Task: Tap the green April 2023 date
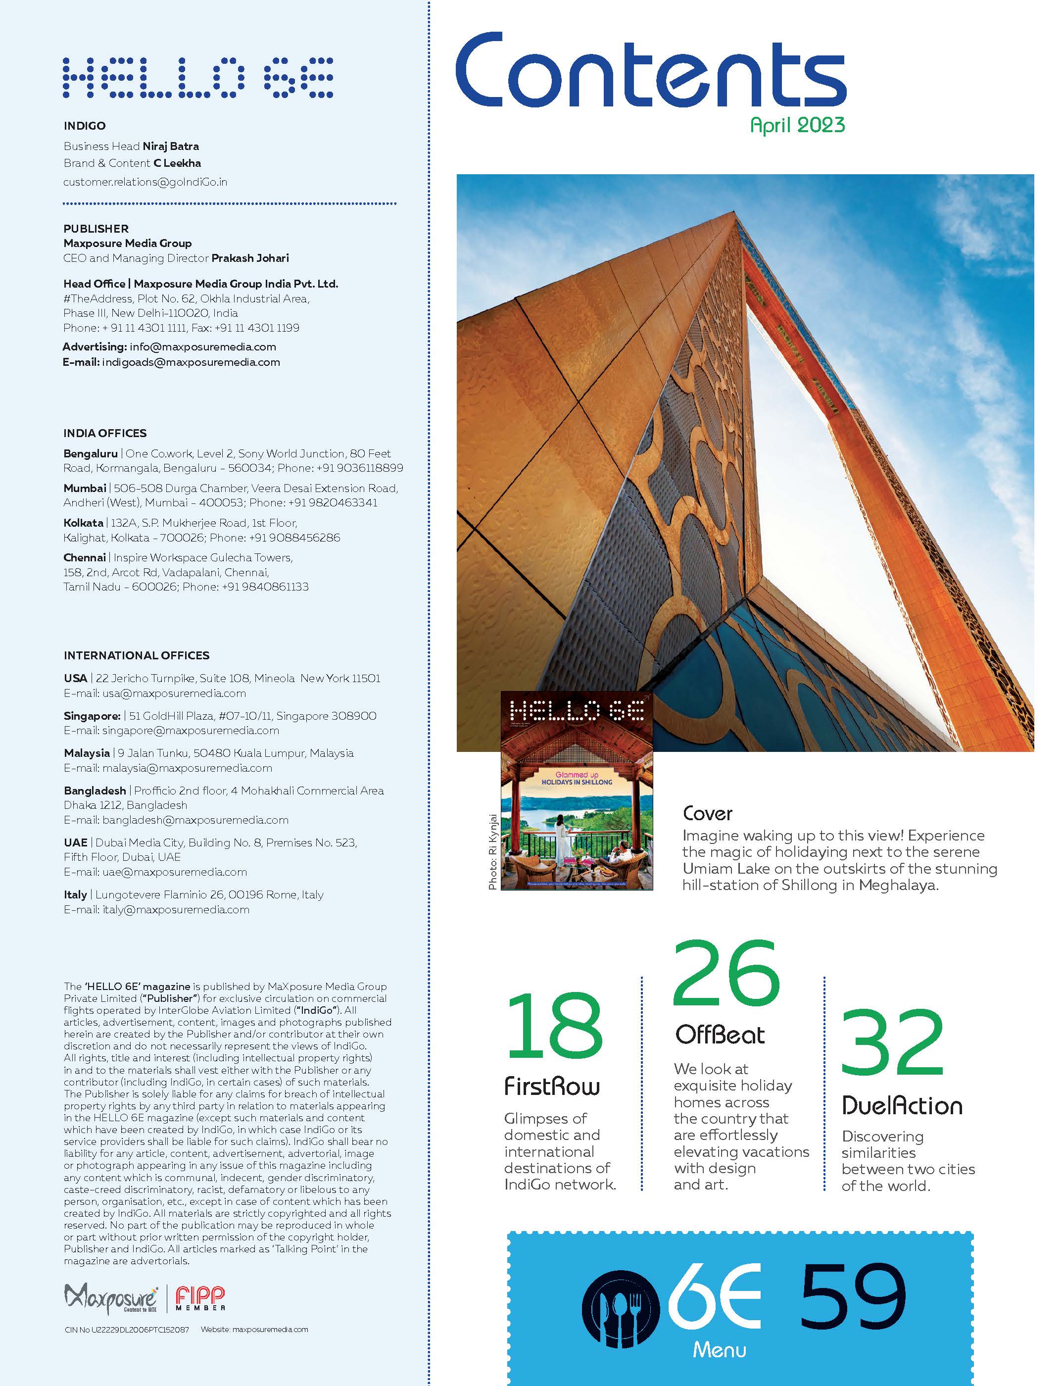click(x=797, y=125)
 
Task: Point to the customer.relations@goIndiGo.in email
click(x=145, y=182)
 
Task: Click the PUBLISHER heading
click(x=96, y=229)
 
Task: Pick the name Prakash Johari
click(x=250, y=258)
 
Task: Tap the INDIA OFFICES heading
click(x=104, y=433)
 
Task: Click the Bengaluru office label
click(x=91, y=453)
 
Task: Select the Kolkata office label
click(x=83, y=523)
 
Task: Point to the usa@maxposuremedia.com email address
click(x=174, y=693)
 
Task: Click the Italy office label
click(x=75, y=894)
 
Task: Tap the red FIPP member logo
click(x=200, y=1298)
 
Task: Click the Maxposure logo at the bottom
click(x=111, y=1298)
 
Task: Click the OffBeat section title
click(x=720, y=1035)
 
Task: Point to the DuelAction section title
click(x=902, y=1106)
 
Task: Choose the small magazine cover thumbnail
click(x=577, y=791)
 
